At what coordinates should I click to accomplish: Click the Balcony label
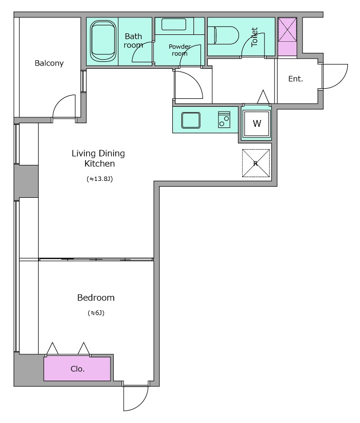pos(49,63)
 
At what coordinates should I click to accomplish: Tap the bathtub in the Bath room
pos(103,41)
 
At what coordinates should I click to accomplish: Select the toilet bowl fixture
pos(223,35)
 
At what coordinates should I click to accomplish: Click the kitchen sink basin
pos(191,121)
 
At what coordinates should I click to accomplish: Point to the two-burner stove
pos(224,119)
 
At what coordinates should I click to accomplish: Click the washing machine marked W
pos(257,123)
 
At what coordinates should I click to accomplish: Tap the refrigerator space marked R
pos(256,163)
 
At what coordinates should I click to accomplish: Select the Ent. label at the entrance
pos(296,79)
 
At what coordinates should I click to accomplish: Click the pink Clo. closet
pos(77,369)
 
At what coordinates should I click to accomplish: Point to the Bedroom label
pos(96,298)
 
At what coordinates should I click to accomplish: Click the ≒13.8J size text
pos(99,179)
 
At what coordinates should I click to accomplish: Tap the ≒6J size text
pos(96,312)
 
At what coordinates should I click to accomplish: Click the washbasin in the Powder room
pos(174,24)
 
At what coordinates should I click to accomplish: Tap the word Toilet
pos(254,37)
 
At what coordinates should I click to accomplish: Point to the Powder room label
pos(180,50)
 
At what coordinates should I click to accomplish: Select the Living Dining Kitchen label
pos(98,158)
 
